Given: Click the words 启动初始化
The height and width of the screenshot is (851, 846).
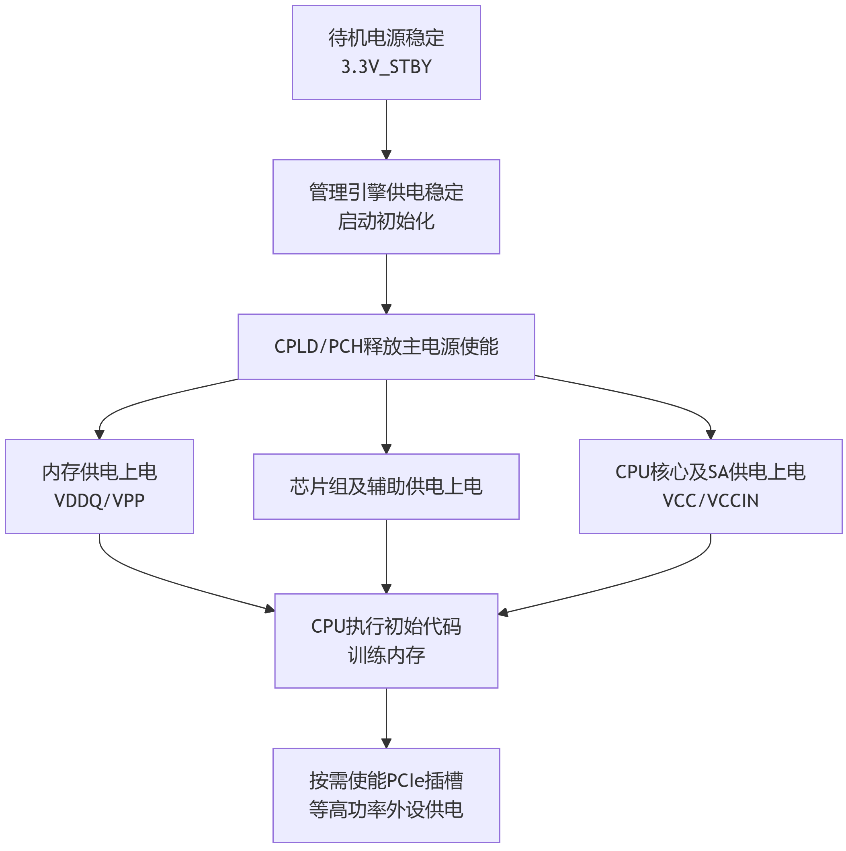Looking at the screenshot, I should coord(386,221).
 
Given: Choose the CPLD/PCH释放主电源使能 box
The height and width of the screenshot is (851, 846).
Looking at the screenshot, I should coord(386,347).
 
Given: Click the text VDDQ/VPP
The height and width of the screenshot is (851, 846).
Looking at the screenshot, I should coord(100,501).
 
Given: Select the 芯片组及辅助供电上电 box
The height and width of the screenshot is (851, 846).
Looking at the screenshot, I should coord(386,487).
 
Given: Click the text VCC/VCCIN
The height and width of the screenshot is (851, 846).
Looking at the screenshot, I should coord(710,501).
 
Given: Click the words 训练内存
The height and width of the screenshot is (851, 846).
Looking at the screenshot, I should coord(386,655).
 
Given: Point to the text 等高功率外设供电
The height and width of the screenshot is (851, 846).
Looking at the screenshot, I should coord(386,810).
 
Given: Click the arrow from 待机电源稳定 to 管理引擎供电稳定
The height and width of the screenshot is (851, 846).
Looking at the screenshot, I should coord(386,129).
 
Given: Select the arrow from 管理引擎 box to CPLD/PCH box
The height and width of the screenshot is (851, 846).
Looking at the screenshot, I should coord(386,284).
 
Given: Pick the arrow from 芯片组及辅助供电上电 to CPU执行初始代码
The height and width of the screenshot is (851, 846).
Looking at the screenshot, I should coord(386,556).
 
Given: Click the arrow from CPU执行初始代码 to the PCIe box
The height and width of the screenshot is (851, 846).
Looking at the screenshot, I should coord(386,718).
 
